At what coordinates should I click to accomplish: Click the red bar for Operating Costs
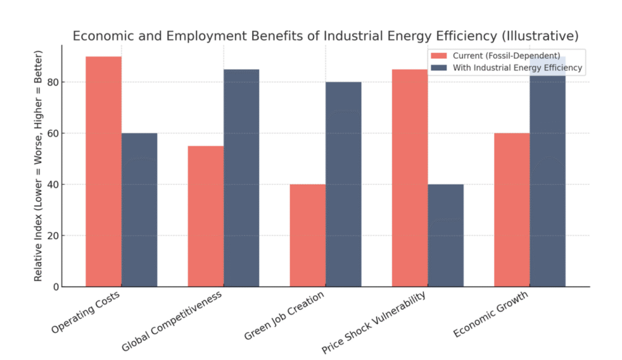(x=103, y=171)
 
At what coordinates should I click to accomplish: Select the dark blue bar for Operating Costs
(x=139, y=209)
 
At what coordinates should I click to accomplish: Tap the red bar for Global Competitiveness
(x=205, y=216)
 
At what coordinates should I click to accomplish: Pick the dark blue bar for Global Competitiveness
(x=241, y=178)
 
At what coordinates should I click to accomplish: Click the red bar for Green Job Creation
(x=307, y=236)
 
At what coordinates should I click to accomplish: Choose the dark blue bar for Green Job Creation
(x=343, y=184)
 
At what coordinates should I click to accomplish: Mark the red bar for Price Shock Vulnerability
(x=409, y=178)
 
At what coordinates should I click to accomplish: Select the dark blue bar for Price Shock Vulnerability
(x=445, y=236)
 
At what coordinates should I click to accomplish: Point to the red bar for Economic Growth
(x=511, y=209)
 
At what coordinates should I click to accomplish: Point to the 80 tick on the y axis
(x=55, y=82)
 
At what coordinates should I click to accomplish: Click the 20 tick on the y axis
(x=55, y=236)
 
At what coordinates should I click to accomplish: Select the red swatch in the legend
(x=438, y=56)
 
